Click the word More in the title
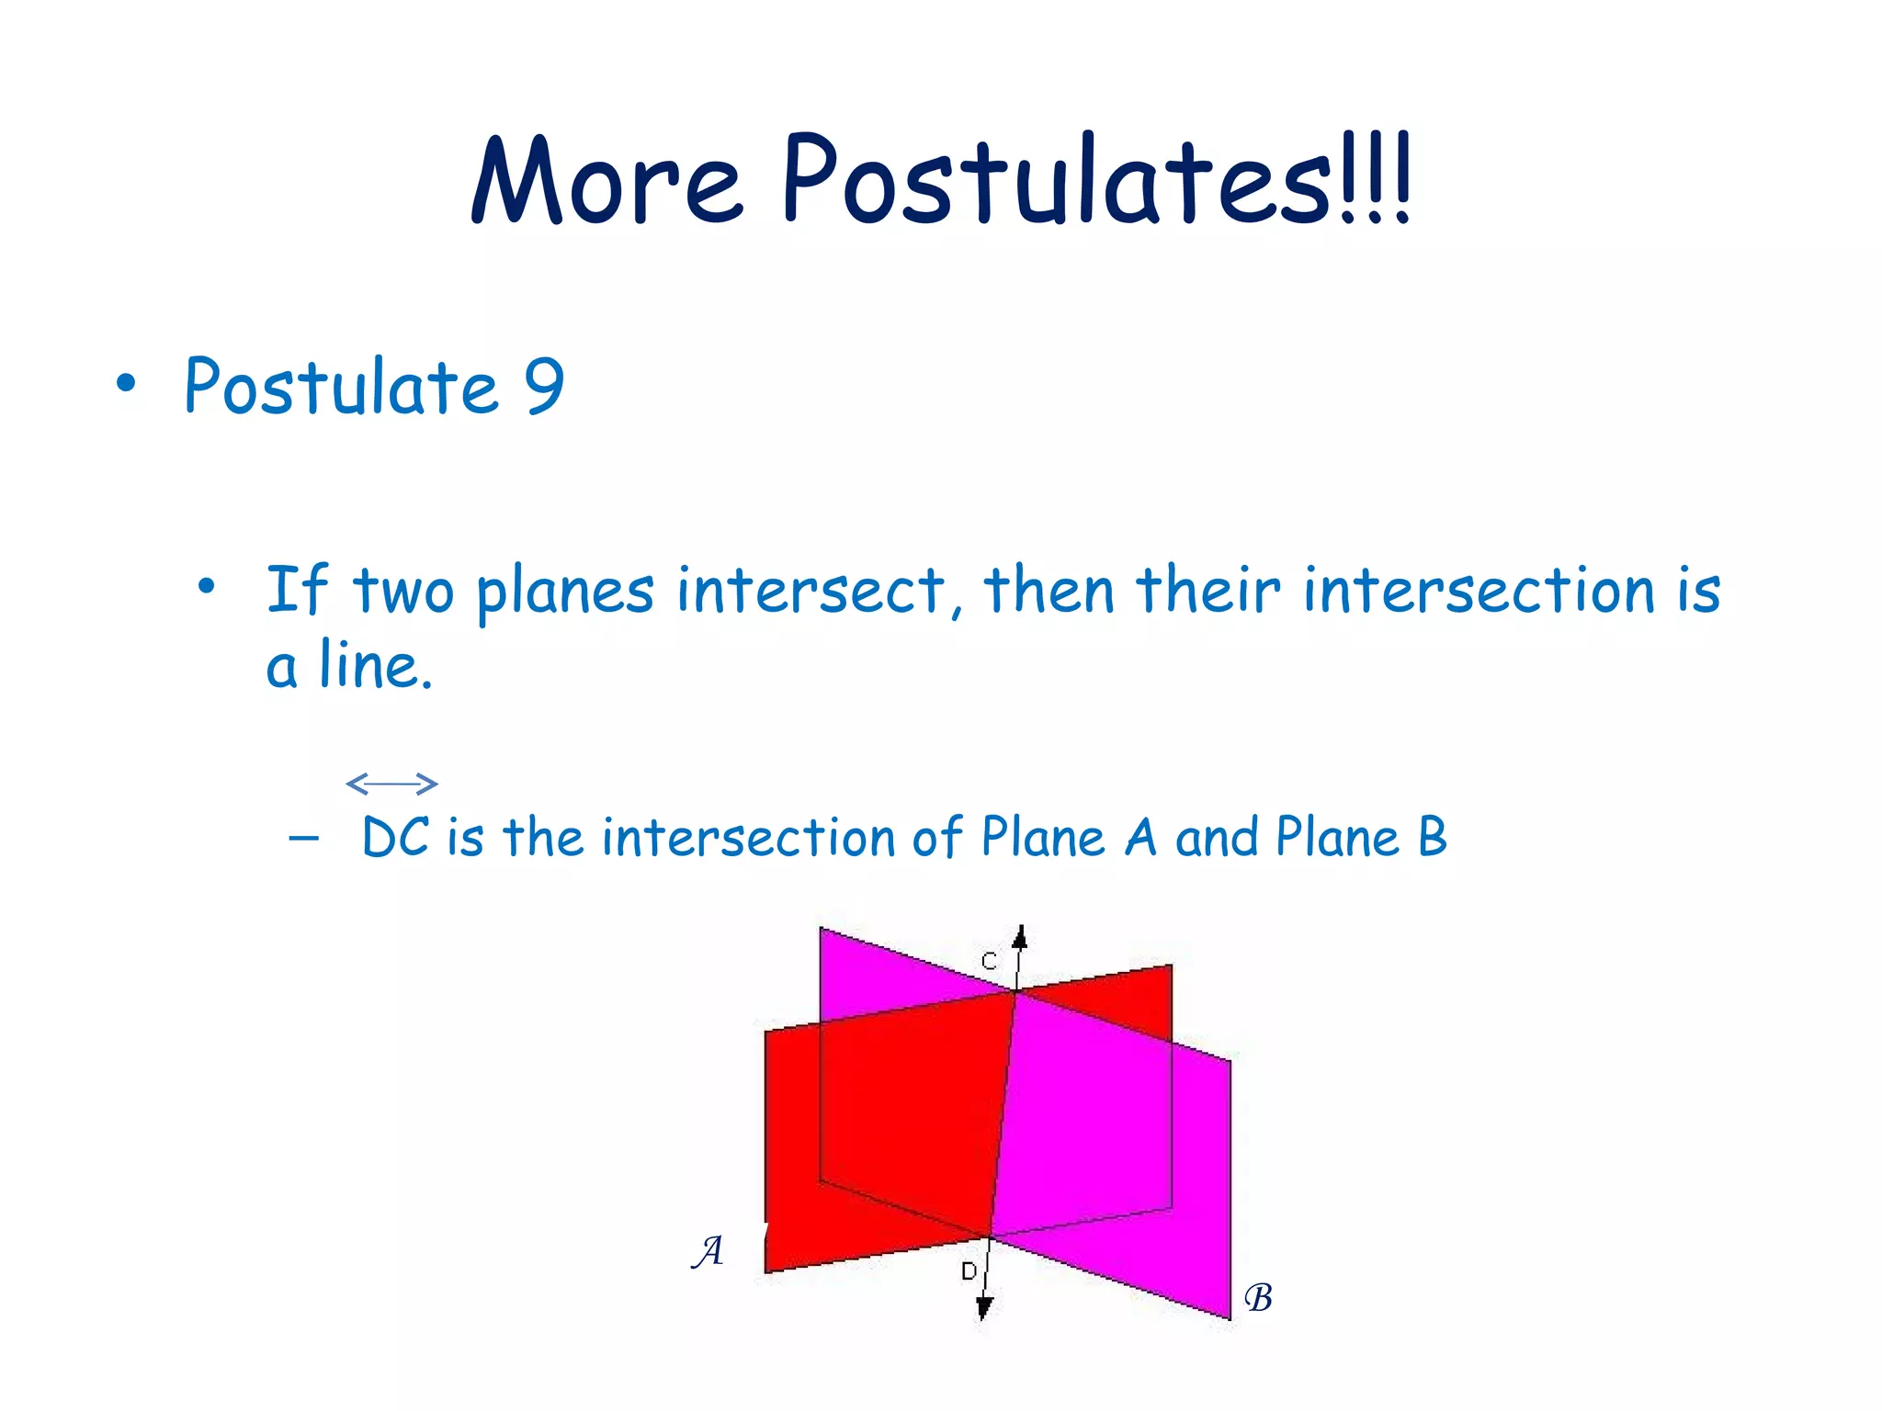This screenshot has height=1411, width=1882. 607,182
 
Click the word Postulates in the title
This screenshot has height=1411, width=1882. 1057,182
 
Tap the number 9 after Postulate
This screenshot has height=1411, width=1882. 544,386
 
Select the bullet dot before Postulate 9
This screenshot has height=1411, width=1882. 126,384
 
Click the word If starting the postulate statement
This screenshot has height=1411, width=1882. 296,590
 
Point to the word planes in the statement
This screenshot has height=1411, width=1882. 564,593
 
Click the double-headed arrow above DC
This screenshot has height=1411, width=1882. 392,784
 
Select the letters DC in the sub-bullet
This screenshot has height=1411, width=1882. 395,838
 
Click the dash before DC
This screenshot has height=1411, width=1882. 303,838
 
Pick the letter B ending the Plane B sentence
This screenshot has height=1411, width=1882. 1432,838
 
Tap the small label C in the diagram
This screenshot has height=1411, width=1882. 990,962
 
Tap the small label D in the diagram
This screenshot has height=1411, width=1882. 969,1271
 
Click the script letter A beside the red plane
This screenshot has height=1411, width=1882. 708,1251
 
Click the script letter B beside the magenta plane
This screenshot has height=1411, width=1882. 1258,1298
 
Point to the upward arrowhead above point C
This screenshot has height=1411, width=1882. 1019,937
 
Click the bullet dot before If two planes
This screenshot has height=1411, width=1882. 207,586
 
